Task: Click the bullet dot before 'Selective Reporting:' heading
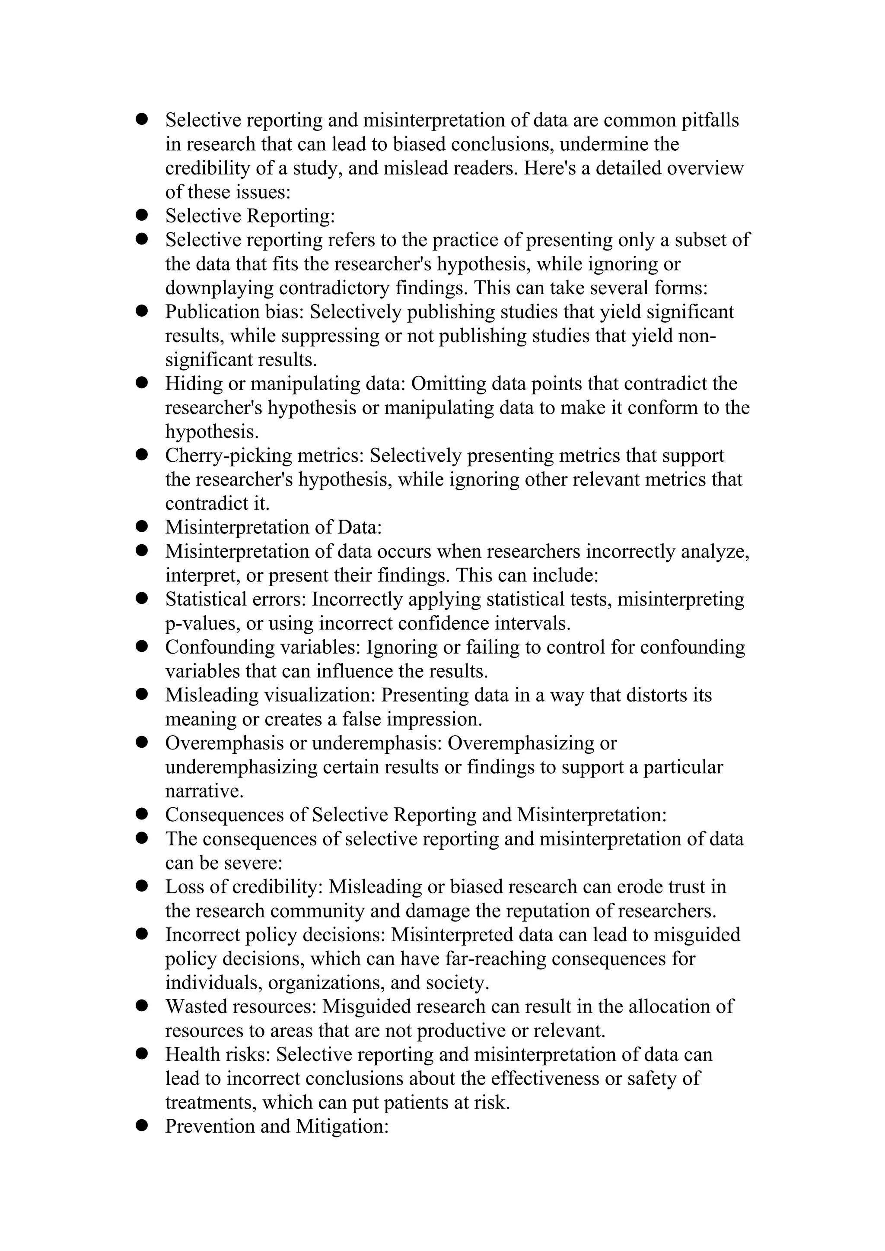(x=142, y=215)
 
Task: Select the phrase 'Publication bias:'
(x=234, y=311)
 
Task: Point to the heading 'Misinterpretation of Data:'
(x=273, y=527)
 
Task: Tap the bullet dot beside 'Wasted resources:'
(x=142, y=1006)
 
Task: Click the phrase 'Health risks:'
(x=218, y=1054)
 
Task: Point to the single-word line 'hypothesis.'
(x=211, y=432)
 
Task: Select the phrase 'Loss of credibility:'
(x=244, y=886)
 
